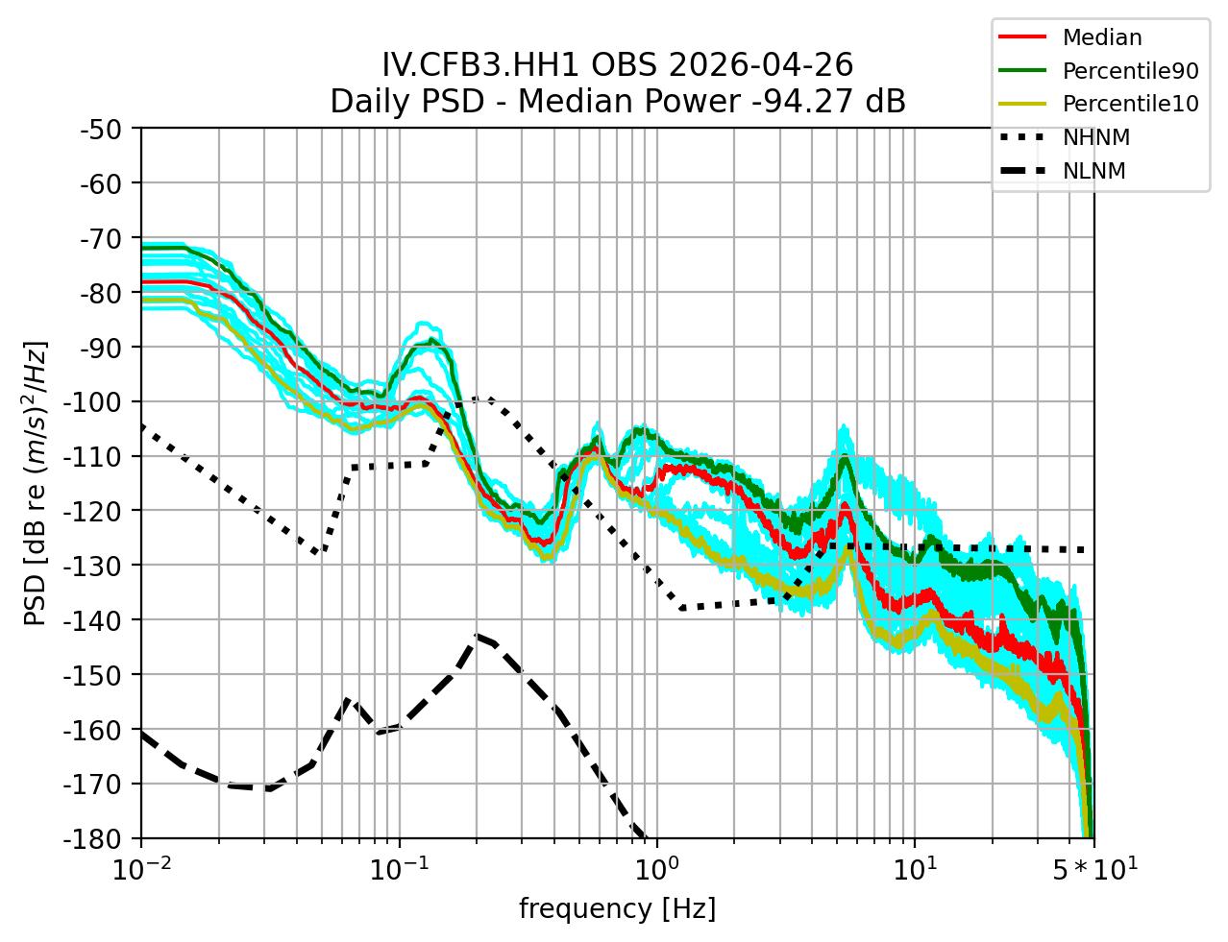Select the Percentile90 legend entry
[1130, 71]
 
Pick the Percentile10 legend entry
[1130, 104]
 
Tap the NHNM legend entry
[1095, 137]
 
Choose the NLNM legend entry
[1093, 171]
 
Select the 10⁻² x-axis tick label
[141, 869]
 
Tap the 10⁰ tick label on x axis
[656, 869]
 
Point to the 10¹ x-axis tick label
[914, 869]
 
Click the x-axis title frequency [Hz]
[617, 908]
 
